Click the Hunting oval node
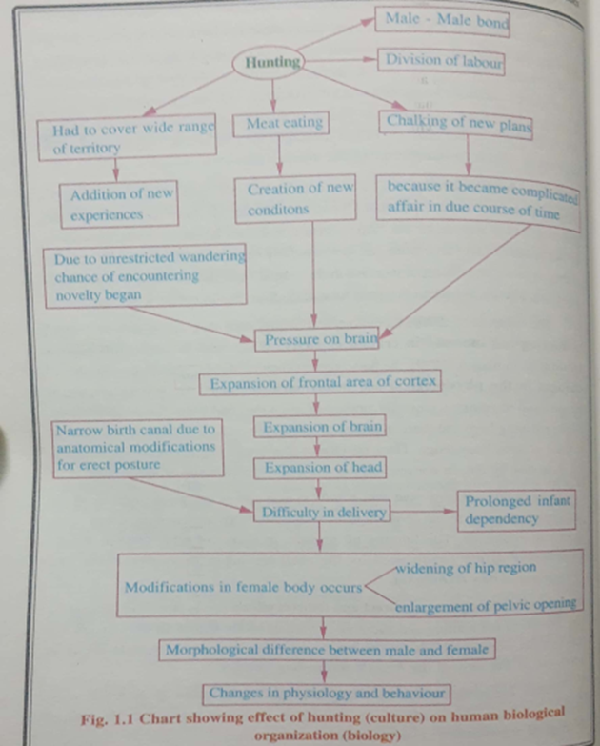pos(273,63)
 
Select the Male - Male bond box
pos(445,21)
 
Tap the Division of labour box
pos(442,62)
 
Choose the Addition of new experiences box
pos(119,205)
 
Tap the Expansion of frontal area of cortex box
pos(320,384)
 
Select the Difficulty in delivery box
pos(323,513)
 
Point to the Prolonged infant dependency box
pos(516,512)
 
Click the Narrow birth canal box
pos(137,447)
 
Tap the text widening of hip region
pos(466,568)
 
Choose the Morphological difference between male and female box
pos(326,651)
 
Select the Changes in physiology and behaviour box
pos(326,693)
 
